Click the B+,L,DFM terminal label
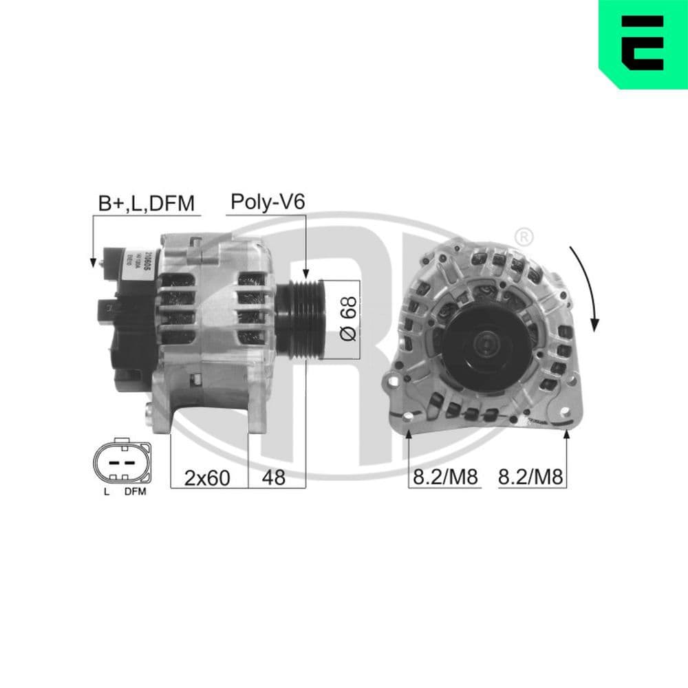[147, 204]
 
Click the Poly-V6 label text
[267, 202]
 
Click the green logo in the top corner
[644, 43]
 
